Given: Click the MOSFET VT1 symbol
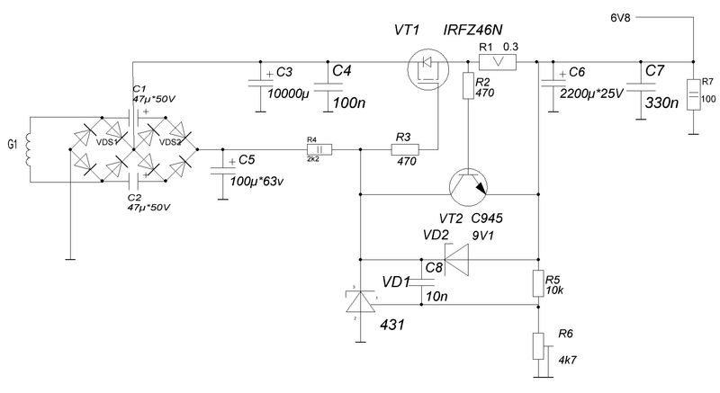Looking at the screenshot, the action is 428,69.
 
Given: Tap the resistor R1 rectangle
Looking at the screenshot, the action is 498,62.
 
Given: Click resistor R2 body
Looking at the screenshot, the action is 468,85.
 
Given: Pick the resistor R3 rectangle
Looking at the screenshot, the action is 405,149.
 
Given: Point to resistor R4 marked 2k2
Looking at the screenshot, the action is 319,149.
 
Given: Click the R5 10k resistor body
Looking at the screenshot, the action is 538,284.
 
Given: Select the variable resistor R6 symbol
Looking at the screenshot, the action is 539,346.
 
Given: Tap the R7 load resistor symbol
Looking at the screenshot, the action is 693,94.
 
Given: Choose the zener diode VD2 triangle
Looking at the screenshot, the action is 456,260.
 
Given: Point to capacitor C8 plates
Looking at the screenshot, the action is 421,282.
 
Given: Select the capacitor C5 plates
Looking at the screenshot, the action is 222,171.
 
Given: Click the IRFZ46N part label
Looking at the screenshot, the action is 473,31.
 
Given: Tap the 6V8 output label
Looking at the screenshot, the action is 620,18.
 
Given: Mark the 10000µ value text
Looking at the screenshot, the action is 289,94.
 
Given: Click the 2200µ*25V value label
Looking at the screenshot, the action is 591,94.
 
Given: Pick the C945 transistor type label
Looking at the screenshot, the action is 487,219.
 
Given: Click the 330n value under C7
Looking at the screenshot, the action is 661,103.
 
